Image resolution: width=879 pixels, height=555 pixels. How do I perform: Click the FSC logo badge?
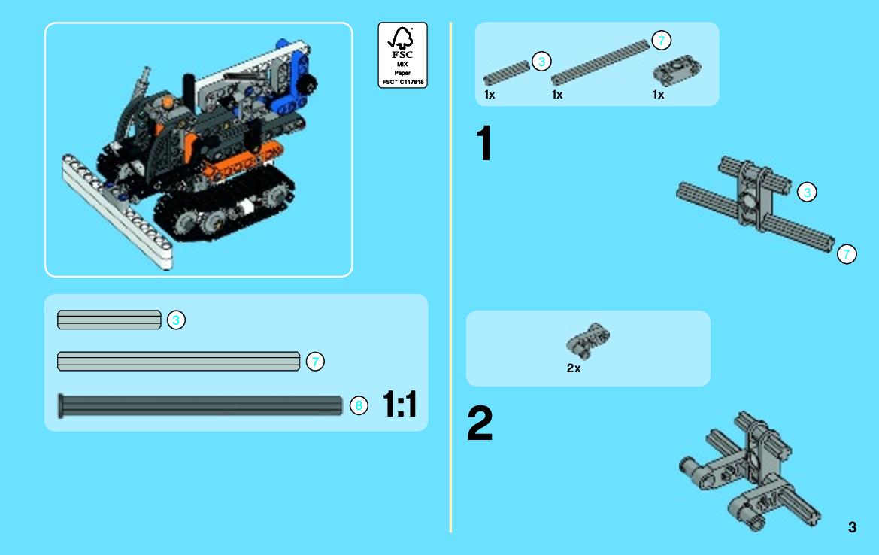coord(402,55)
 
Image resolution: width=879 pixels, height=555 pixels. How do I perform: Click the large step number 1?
coord(484,143)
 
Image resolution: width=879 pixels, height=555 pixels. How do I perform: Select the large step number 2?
coord(480,423)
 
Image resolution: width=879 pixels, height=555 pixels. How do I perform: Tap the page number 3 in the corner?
coord(852,527)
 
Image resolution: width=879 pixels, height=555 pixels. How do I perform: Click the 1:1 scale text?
coord(400,404)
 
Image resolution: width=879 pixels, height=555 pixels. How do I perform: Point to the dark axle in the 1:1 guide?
coord(200,405)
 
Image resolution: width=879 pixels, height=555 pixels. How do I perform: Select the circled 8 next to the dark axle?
coord(359,405)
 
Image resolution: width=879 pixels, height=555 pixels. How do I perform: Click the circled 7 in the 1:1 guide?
coord(315,362)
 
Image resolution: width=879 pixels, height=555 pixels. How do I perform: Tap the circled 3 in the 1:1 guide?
coord(176,320)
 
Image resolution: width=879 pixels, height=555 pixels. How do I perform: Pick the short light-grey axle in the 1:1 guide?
coord(109,320)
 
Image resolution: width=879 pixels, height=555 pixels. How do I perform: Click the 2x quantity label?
coord(574,368)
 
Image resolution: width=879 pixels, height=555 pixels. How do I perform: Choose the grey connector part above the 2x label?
coord(587,340)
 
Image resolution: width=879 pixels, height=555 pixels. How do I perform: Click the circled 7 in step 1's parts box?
coord(662,41)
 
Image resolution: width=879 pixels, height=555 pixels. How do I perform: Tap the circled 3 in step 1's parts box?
coord(541,62)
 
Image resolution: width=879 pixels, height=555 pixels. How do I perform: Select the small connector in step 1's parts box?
coord(677,71)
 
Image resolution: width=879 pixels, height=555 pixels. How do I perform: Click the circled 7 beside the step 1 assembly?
coord(847,254)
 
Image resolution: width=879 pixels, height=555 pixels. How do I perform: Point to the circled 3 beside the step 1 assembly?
coord(807,193)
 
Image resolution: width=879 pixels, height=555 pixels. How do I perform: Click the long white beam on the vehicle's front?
coord(117,213)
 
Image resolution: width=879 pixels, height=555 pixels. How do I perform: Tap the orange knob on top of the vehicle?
coord(166,103)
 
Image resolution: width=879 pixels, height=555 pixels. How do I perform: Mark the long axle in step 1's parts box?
coord(600,62)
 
